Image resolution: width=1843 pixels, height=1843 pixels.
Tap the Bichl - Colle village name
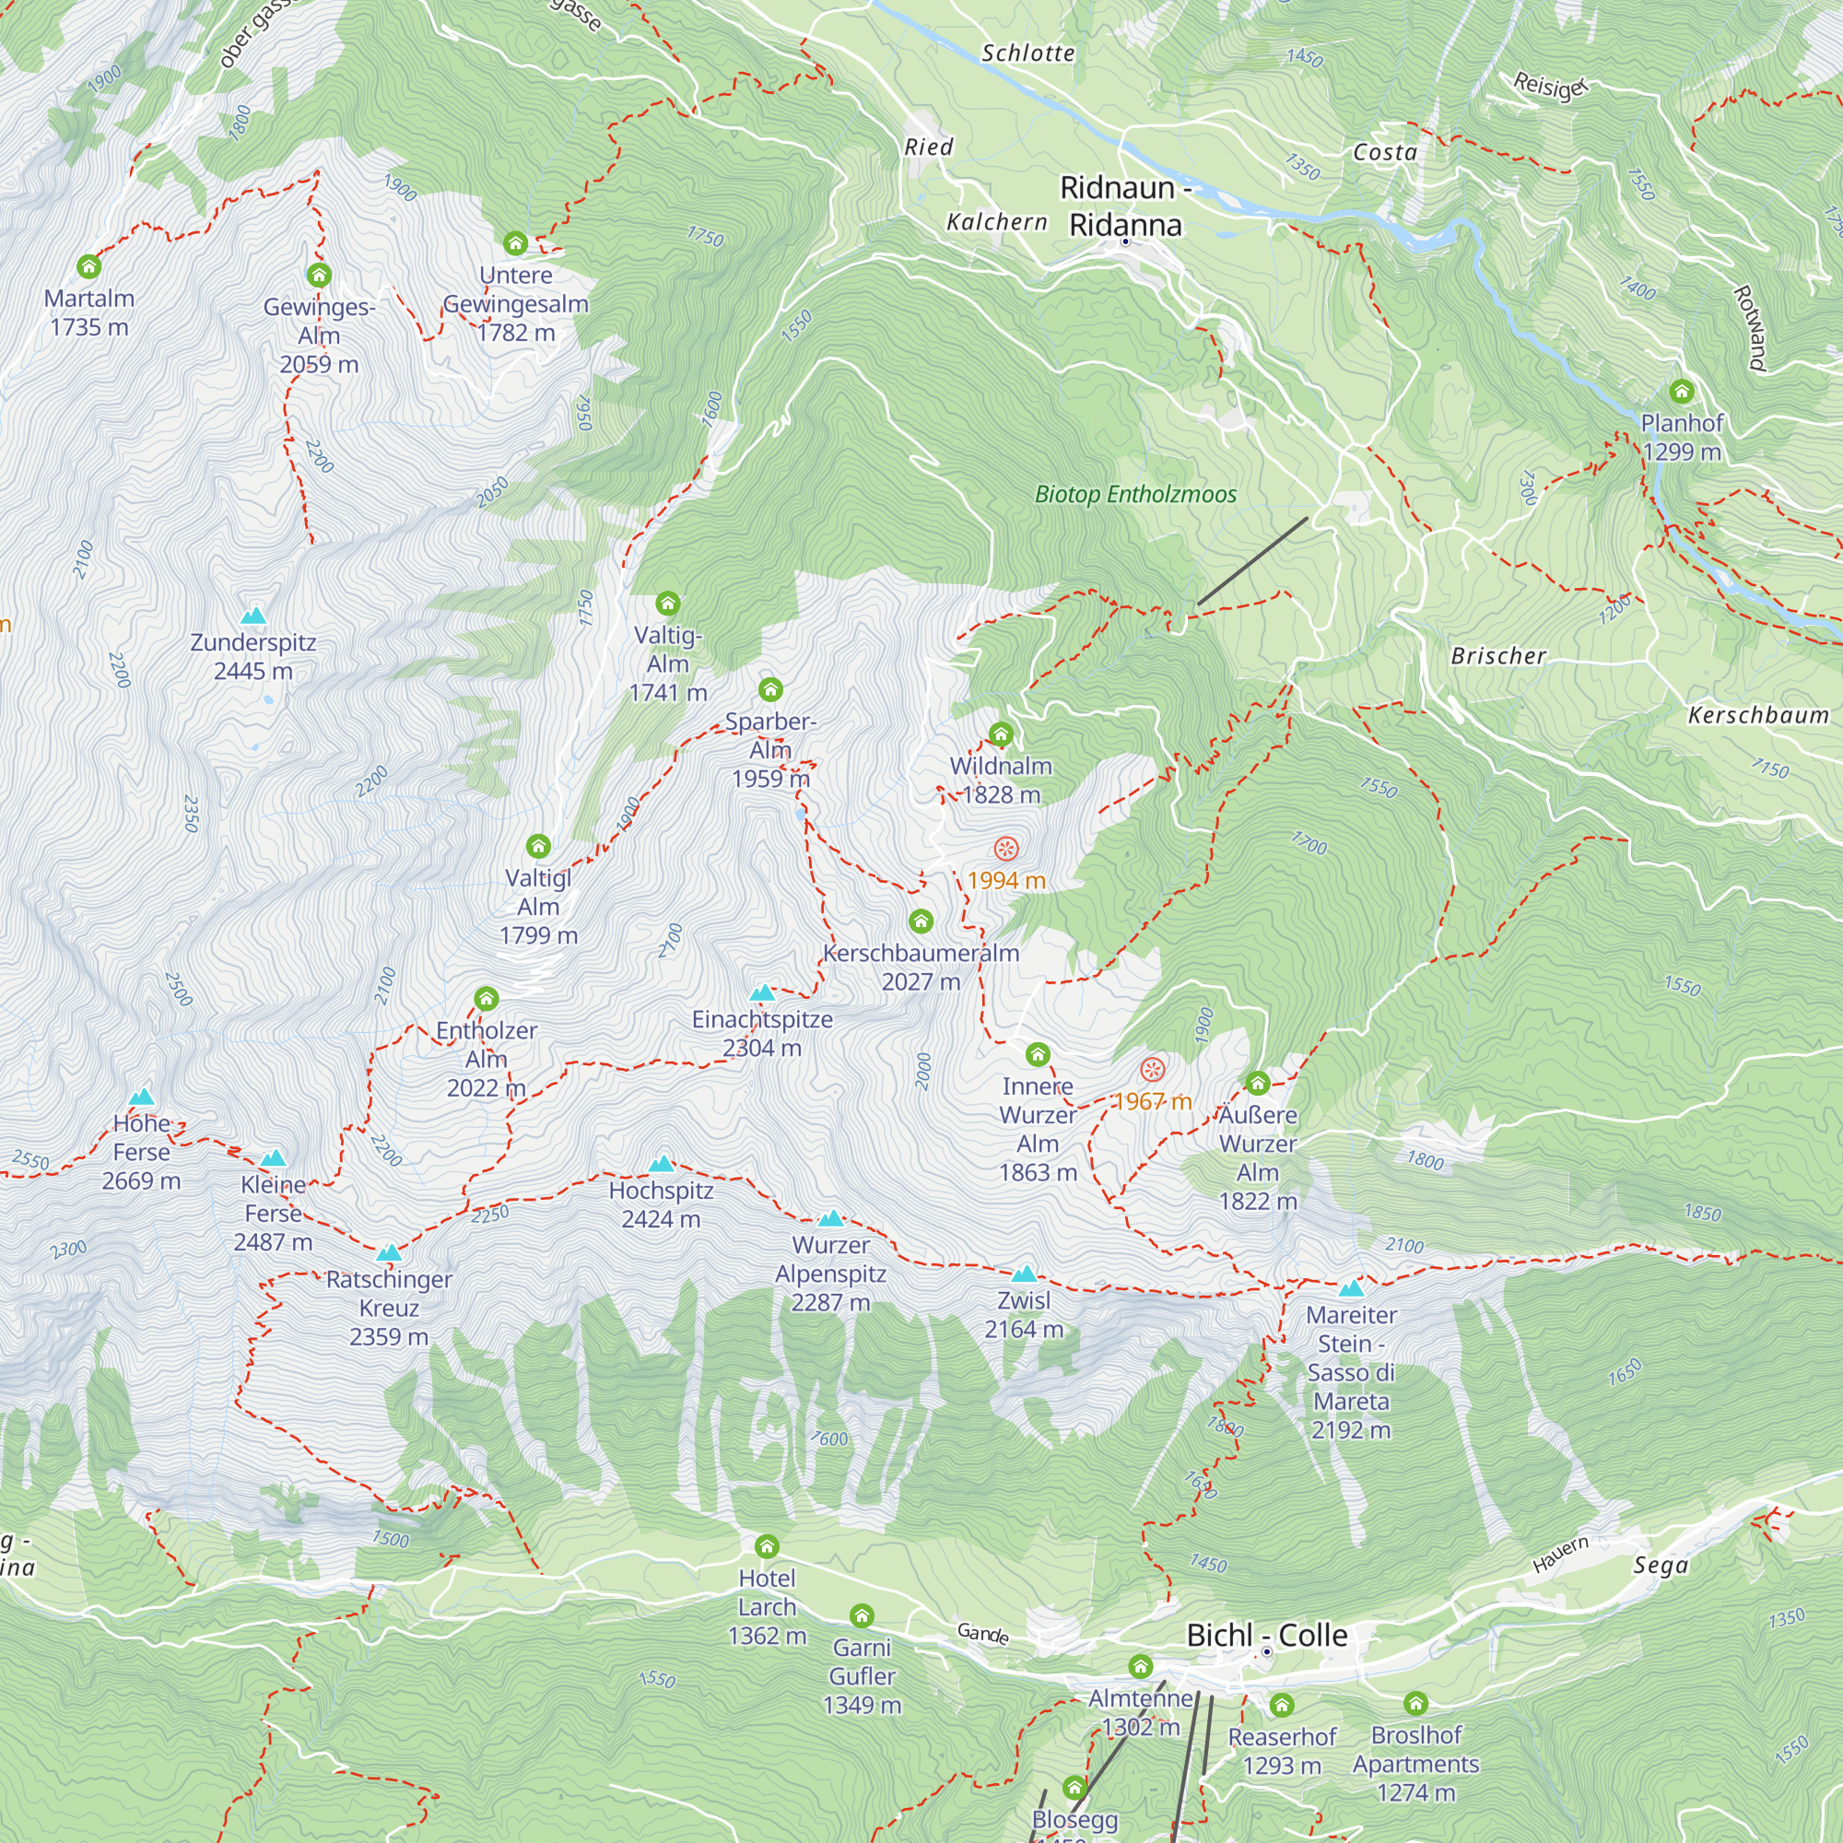click(x=1266, y=1635)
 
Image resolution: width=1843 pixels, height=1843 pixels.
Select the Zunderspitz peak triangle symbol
click(x=252, y=616)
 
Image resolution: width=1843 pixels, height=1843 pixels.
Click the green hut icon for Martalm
click(x=88, y=266)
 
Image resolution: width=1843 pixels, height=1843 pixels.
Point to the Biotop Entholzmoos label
click(x=1135, y=494)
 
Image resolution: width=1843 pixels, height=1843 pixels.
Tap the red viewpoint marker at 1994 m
click(x=1005, y=848)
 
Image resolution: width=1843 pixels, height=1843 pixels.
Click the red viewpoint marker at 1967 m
click(x=1153, y=1069)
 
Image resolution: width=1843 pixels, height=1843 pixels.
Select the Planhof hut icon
click(x=1681, y=391)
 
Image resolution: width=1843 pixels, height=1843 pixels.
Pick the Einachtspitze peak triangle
click(x=761, y=993)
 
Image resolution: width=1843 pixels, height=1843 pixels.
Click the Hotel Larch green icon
click(x=767, y=1545)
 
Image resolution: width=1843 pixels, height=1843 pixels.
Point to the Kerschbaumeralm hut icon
click(x=921, y=921)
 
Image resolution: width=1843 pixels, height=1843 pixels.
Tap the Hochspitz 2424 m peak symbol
click(x=661, y=1164)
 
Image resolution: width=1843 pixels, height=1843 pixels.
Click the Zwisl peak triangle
click(x=1024, y=1274)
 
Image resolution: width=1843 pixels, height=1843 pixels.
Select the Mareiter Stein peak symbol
click(x=1351, y=1289)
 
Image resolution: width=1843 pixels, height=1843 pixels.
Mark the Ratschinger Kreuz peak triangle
click(x=388, y=1252)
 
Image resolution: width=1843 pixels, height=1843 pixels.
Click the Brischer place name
click(x=1497, y=656)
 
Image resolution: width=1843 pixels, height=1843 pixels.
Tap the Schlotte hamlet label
click(x=1027, y=53)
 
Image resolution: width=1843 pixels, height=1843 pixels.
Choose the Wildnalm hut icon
click(x=1001, y=734)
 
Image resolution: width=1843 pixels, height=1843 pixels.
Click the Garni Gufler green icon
click(x=862, y=1615)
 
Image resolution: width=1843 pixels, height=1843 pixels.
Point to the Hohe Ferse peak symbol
click(x=141, y=1096)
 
